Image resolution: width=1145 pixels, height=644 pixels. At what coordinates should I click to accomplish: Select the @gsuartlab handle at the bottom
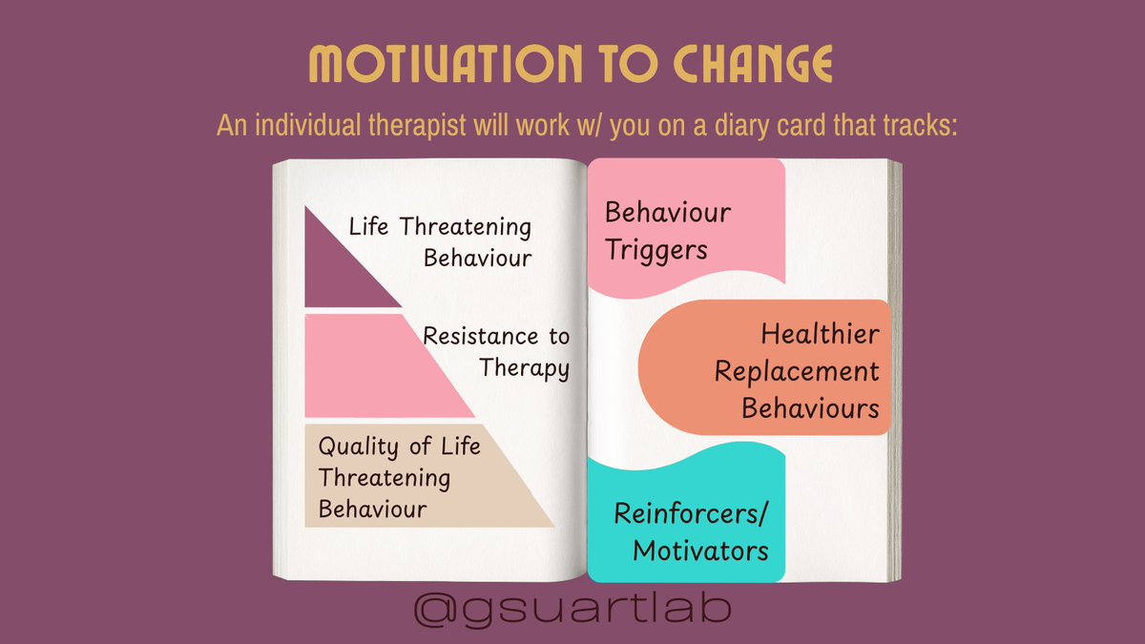[x=572, y=609]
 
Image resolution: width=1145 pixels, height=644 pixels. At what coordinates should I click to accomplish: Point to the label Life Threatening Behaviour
[x=440, y=242]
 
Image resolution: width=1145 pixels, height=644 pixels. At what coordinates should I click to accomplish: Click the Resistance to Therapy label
[x=496, y=351]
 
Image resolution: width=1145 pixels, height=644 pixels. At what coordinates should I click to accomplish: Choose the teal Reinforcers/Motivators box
[x=685, y=520]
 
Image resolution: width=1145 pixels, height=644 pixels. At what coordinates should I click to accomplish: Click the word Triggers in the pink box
[x=656, y=250]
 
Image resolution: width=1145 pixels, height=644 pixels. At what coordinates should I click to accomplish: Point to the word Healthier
[x=820, y=335]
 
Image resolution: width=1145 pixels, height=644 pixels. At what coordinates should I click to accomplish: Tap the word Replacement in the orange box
[x=797, y=371]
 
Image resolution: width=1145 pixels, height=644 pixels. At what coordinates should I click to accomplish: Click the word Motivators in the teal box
[x=700, y=551]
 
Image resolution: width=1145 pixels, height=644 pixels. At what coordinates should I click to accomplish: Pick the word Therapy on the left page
[x=524, y=367]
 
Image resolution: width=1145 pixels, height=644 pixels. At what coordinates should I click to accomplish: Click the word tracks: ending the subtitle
[x=916, y=126]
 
